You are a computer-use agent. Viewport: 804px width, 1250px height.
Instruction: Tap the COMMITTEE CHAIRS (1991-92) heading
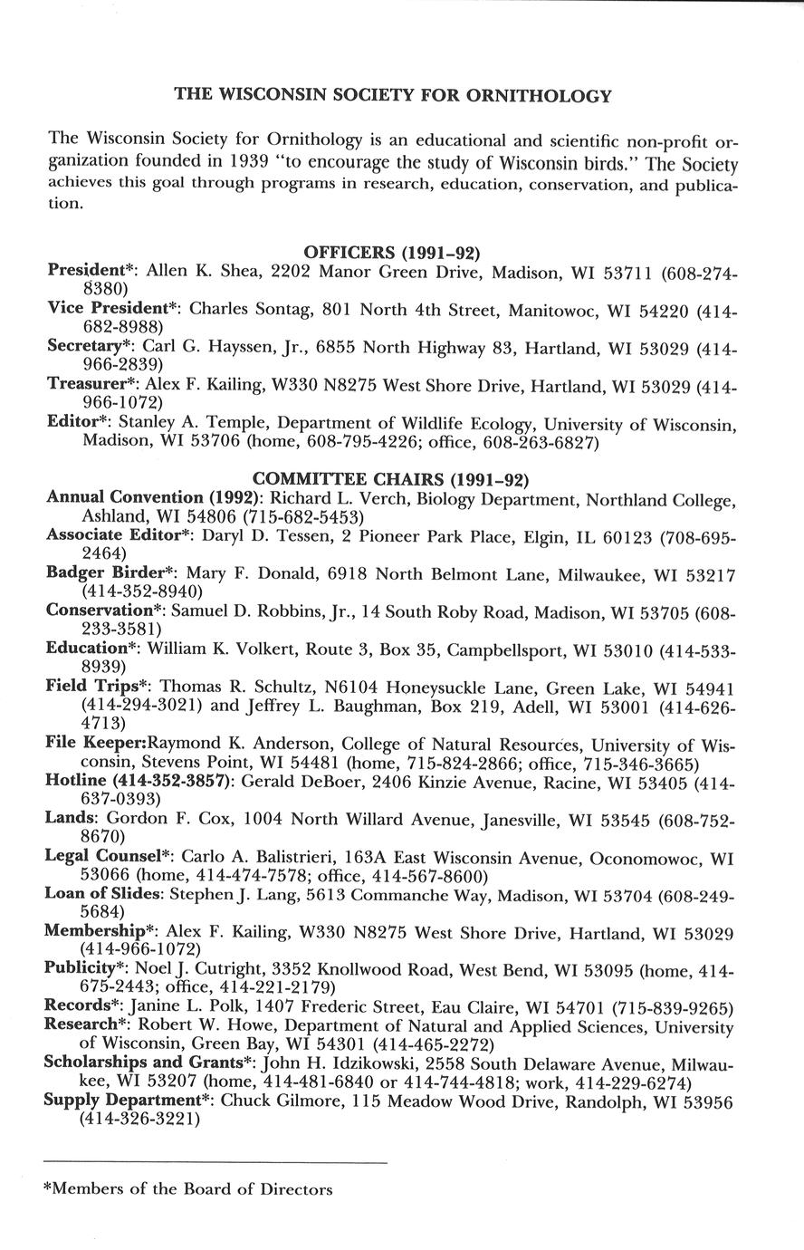click(x=390, y=477)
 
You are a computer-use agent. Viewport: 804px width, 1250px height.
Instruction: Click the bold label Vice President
click(x=111, y=309)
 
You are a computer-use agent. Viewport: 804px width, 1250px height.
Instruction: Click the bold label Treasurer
click(x=88, y=384)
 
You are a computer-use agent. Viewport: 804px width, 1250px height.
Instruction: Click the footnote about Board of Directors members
click(x=187, y=1189)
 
